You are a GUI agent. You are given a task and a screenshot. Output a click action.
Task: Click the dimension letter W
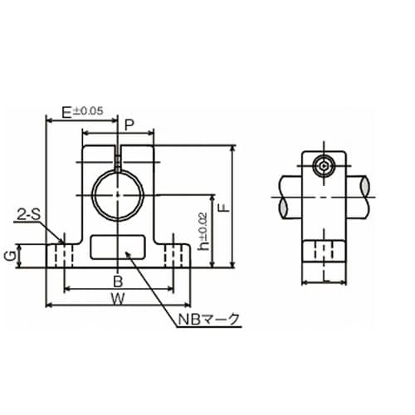(x=118, y=299)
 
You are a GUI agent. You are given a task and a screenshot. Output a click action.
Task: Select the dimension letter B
(x=118, y=282)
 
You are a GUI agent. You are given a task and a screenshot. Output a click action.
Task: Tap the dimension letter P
(x=129, y=125)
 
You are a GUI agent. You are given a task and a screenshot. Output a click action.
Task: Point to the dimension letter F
(x=225, y=207)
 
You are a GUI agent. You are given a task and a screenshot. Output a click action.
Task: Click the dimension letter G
(x=10, y=257)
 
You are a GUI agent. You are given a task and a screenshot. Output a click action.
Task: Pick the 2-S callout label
(x=29, y=215)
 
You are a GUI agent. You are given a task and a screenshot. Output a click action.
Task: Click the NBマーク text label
(x=208, y=320)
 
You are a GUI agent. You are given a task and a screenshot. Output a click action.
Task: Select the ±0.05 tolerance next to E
(x=88, y=111)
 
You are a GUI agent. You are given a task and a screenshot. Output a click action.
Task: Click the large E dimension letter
(x=66, y=113)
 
